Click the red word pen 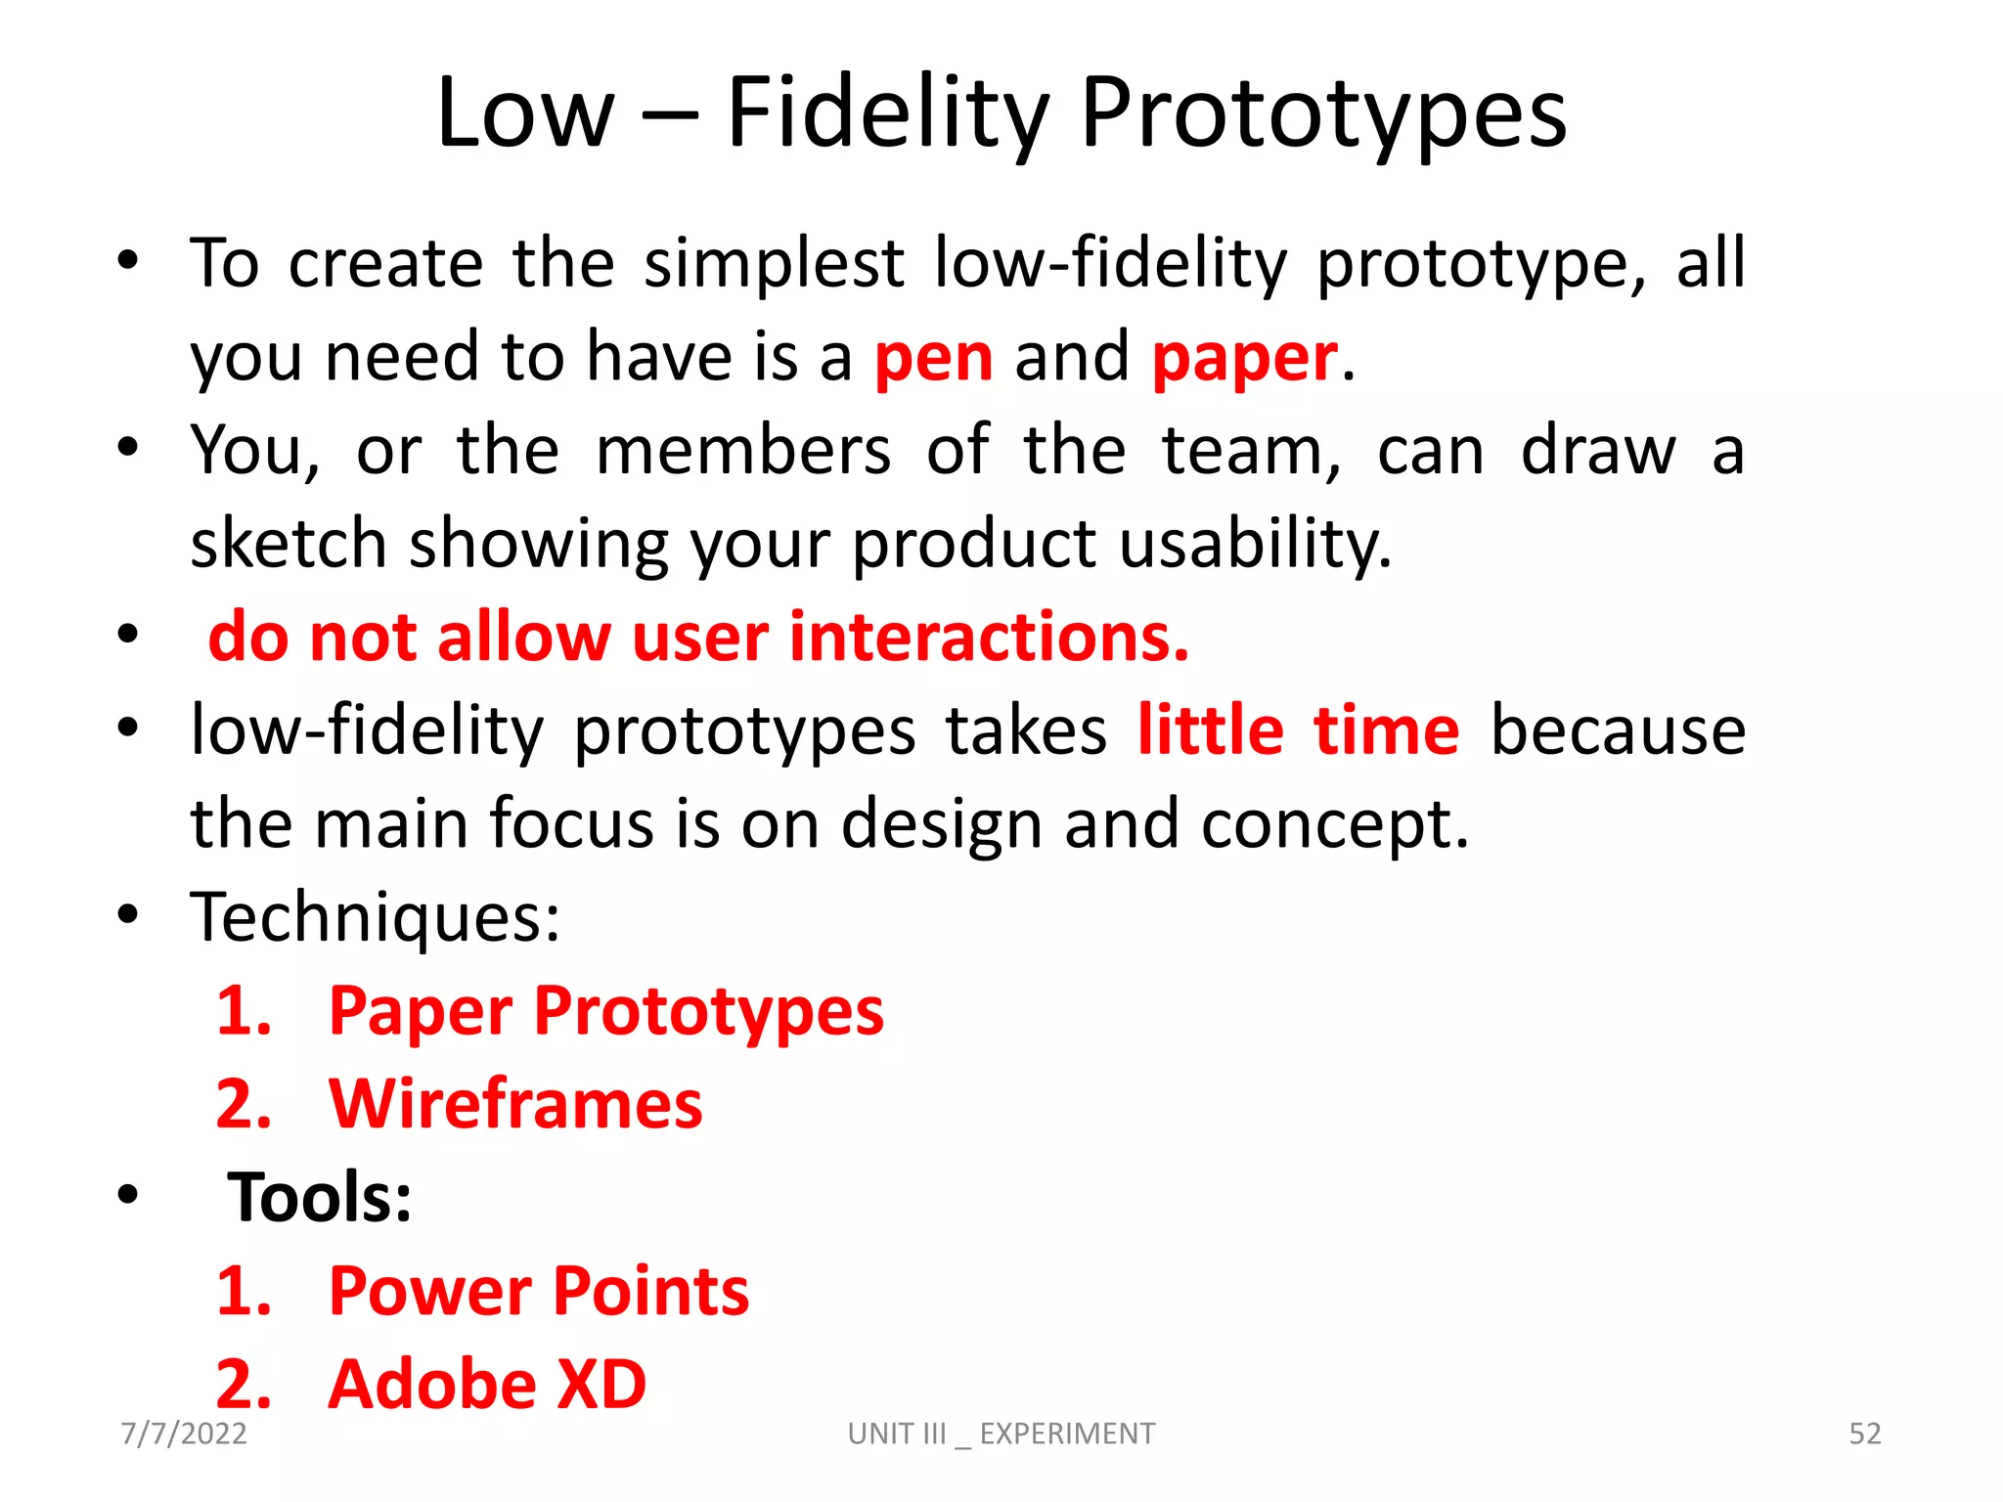pyautogui.click(x=933, y=359)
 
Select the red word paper pyautogui.click(x=1244, y=359)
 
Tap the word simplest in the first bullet pyautogui.click(x=774, y=264)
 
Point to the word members pyautogui.click(x=743, y=452)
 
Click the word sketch pyautogui.click(x=289, y=544)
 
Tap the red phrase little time pyautogui.click(x=1298, y=730)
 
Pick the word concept pyautogui.click(x=1334, y=824)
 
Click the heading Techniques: pyautogui.click(x=376, y=917)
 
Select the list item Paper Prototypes pyautogui.click(x=605, y=1011)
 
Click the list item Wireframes pyautogui.click(x=515, y=1105)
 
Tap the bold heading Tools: pyautogui.click(x=320, y=1198)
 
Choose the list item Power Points pyautogui.click(x=538, y=1292)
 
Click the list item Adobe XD pyautogui.click(x=487, y=1385)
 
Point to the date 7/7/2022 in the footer pyautogui.click(x=184, y=1434)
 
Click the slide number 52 pyautogui.click(x=1864, y=1434)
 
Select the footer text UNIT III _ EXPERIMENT pyautogui.click(x=1001, y=1434)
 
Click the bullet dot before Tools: pyautogui.click(x=127, y=1195)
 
